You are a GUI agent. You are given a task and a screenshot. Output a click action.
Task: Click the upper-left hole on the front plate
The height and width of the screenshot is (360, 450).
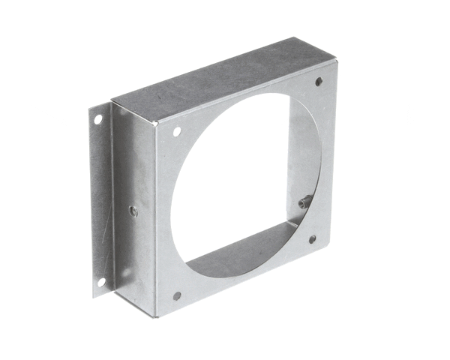pyautogui.click(x=177, y=131)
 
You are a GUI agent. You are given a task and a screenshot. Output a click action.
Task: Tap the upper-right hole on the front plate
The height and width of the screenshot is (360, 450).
pyautogui.click(x=319, y=81)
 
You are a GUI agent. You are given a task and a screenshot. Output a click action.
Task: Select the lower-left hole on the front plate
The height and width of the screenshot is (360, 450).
pyautogui.click(x=177, y=295)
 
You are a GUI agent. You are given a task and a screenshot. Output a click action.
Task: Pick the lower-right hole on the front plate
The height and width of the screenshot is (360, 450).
pyautogui.click(x=313, y=240)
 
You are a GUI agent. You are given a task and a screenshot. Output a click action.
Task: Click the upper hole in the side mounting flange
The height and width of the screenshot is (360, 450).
pyautogui.click(x=97, y=119)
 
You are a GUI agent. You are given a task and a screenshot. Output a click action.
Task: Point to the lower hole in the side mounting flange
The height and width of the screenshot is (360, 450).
pyautogui.click(x=100, y=282)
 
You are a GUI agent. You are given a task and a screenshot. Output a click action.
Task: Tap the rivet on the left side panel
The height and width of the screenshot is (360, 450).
pyautogui.click(x=133, y=211)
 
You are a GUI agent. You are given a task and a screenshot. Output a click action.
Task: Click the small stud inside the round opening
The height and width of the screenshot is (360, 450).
pyautogui.click(x=304, y=200)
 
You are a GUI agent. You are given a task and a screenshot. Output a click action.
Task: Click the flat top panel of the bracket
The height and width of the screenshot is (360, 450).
pyautogui.click(x=217, y=82)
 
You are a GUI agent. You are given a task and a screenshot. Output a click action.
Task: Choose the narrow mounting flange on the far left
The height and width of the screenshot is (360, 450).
pyautogui.click(x=100, y=202)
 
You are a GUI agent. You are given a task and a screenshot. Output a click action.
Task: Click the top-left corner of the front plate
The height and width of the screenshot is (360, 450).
pyautogui.click(x=157, y=123)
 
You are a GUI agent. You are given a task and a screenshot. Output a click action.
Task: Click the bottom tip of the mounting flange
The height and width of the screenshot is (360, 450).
pyautogui.click(x=94, y=297)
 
